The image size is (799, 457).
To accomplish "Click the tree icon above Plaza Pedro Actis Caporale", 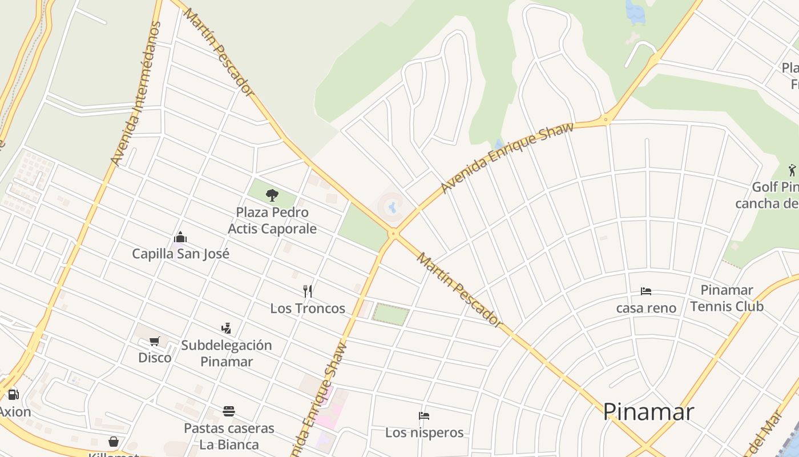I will pyautogui.click(x=272, y=195).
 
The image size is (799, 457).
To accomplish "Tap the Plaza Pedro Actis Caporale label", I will pyautogui.click(x=272, y=221).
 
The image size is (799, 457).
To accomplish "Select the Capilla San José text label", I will pyautogui.click(x=180, y=254).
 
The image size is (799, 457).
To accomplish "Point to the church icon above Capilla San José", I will pyautogui.click(x=180, y=237).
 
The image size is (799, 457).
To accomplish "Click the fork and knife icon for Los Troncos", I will pyautogui.click(x=308, y=291).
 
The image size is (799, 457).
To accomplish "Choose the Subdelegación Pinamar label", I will pyautogui.click(x=227, y=353).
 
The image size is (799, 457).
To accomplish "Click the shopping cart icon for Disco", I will pyautogui.click(x=154, y=341).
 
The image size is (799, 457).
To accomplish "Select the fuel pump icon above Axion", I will pyautogui.click(x=13, y=395).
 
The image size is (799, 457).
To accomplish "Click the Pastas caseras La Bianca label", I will pyautogui.click(x=229, y=436).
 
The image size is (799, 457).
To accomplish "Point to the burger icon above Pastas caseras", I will pyautogui.click(x=229, y=411).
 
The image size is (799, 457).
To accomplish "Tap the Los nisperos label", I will pyautogui.click(x=424, y=432).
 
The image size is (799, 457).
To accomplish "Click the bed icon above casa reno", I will pyautogui.click(x=646, y=291).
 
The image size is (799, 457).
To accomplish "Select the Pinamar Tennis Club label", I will pyautogui.click(x=727, y=298).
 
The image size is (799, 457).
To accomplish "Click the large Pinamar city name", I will pyautogui.click(x=648, y=412).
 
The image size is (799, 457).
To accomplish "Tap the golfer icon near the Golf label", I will pyautogui.click(x=792, y=170).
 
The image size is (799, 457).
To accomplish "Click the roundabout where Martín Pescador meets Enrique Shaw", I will pyautogui.click(x=393, y=233).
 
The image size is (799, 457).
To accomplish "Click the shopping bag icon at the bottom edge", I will pyautogui.click(x=114, y=442).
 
